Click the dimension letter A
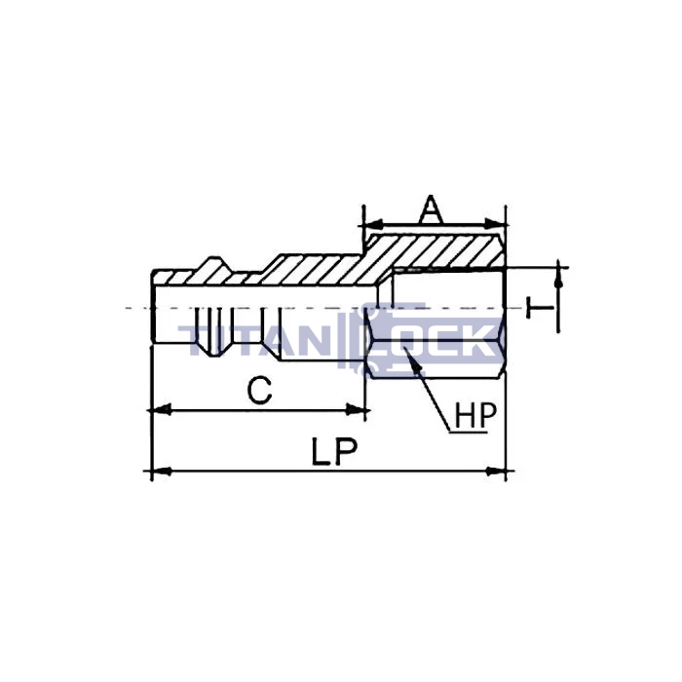tap(431, 208)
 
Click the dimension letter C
tap(260, 390)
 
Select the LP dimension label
tap(334, 451)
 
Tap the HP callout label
tap(475, 415)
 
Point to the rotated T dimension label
tap(540, 308)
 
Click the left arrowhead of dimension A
tap(373, 225)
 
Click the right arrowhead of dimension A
tap(495, 225)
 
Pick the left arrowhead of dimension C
tap(161, 410)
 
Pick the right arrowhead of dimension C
tap(356, 410)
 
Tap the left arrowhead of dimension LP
tap(161, 471)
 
